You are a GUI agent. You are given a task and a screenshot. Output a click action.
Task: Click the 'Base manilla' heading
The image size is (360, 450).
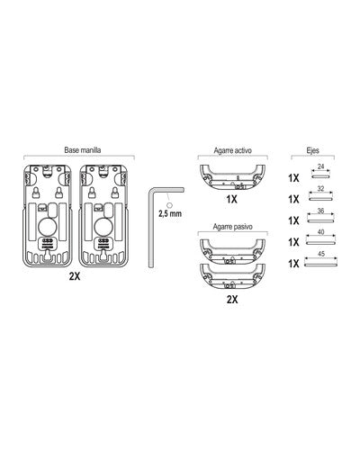pos(83,150)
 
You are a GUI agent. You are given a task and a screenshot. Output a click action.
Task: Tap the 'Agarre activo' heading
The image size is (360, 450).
pos(233,150)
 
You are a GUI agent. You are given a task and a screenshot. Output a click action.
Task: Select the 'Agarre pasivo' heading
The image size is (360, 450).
pos(233,227)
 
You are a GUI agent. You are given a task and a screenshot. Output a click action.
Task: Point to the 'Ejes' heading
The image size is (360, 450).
pos(313,150)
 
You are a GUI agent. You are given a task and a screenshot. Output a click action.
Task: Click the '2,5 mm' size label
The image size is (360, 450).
pos(170,214)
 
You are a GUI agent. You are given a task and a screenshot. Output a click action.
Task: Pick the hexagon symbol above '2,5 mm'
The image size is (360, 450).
pos(169,205)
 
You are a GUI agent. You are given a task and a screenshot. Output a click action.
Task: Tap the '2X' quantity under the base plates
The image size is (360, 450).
pos(75,276)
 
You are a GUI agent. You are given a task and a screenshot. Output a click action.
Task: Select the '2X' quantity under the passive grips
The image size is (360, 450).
pos(232,299)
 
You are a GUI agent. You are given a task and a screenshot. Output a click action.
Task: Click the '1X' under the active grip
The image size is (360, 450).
pos(231,199)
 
